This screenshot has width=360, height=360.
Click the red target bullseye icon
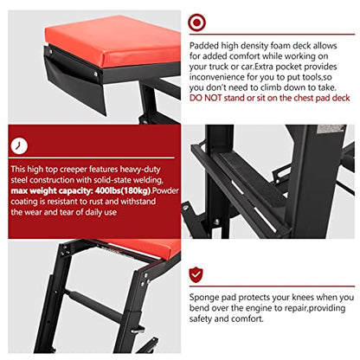point(196,22)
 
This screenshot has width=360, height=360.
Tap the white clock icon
point(19,146)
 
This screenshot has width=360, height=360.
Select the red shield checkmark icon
point(196,275)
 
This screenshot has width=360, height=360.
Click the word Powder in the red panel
point(165,190)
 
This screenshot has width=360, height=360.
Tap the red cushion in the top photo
point(112,41)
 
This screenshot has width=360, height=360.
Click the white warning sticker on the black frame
point(330,129)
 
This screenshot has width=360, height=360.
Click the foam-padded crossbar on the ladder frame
point(95,303)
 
